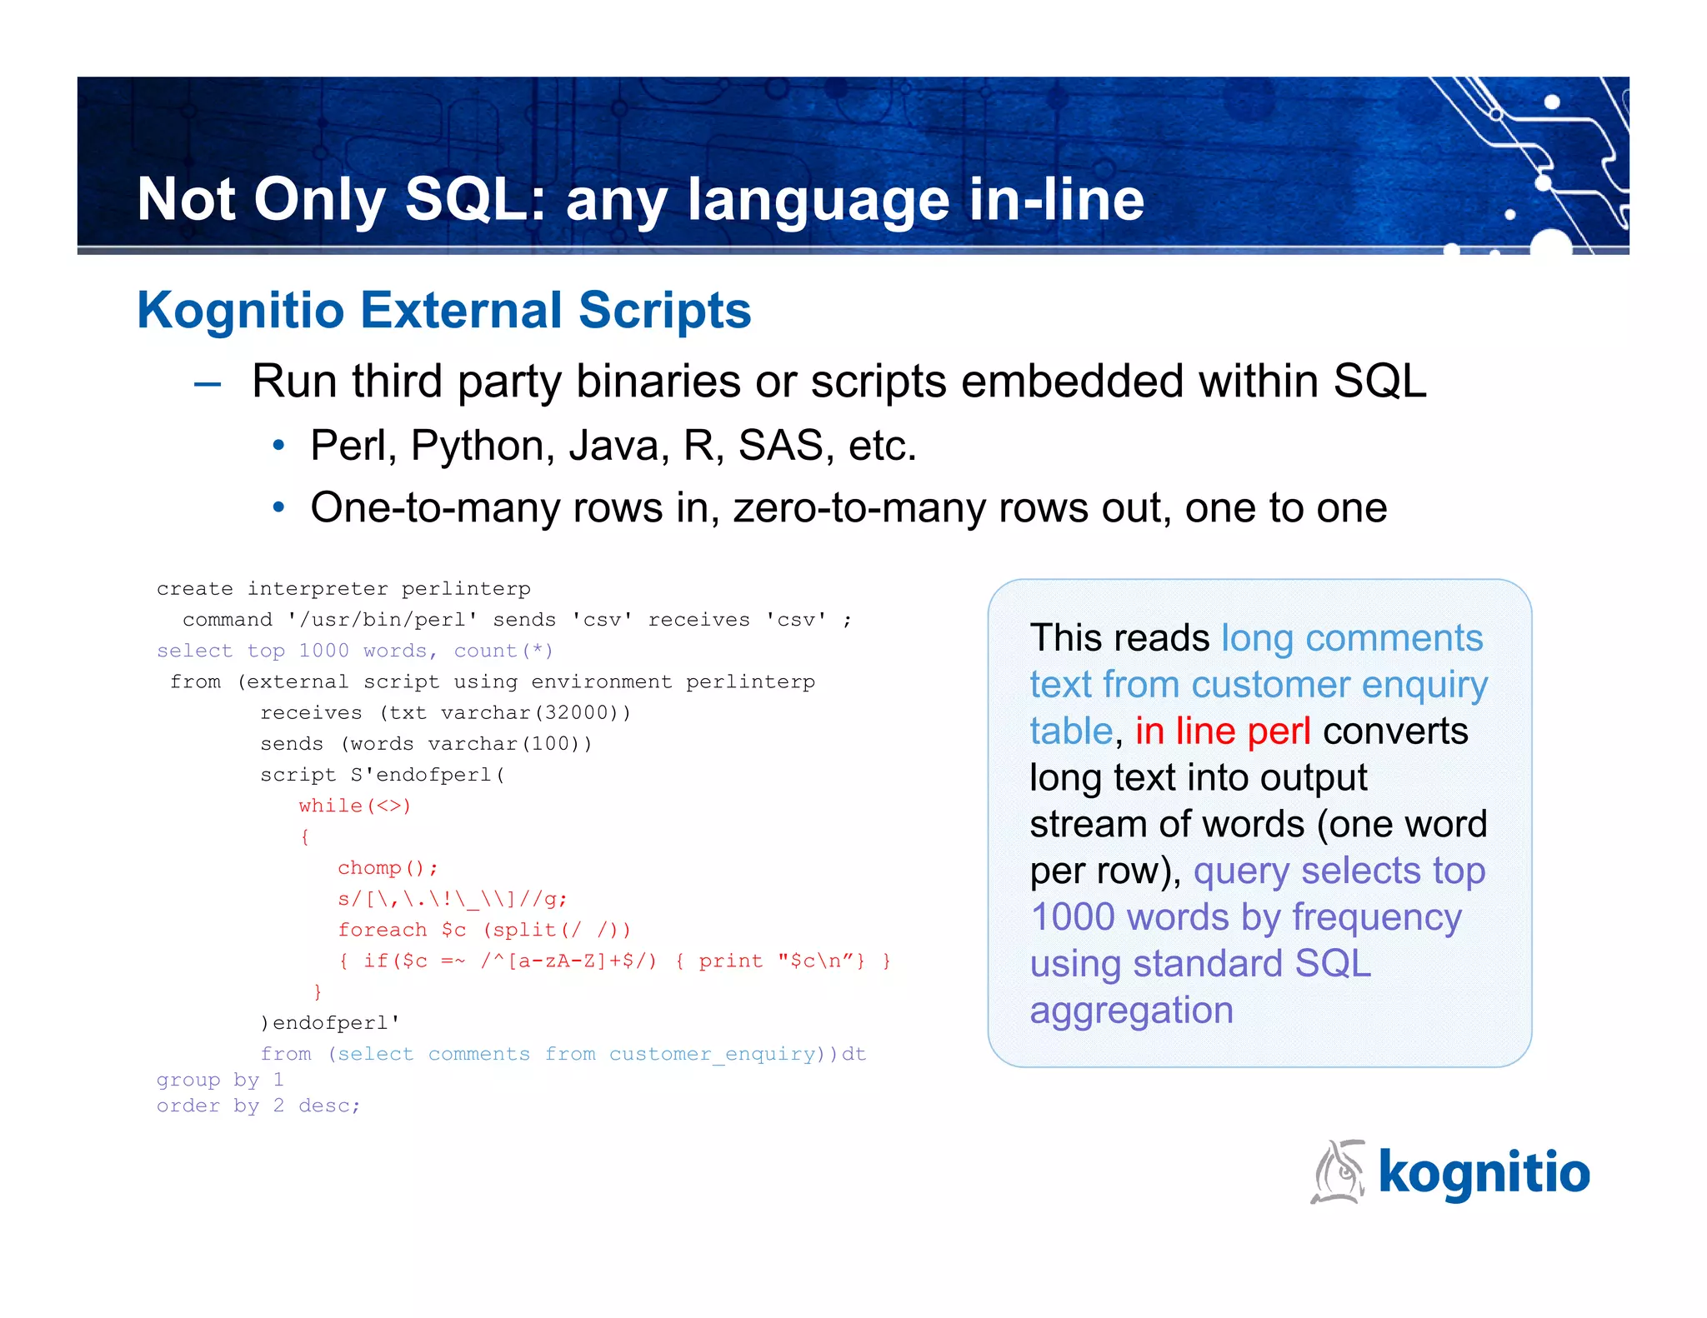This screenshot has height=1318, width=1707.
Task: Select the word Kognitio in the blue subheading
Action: click(240, 311)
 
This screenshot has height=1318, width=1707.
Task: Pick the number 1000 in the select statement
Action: click(323, 651)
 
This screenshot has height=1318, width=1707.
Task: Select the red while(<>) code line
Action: click(355, 806)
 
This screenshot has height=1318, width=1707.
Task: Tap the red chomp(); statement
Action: click(388, 868)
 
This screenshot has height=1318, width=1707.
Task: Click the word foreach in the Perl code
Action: click(382, 930)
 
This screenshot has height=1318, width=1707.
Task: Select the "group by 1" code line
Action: click(220, 1081)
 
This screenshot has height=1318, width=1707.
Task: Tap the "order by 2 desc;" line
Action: click(258, 1106)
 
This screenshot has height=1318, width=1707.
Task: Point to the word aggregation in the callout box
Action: click(1131, 1011)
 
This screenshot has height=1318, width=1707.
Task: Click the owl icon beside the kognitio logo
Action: click(1339, 1172)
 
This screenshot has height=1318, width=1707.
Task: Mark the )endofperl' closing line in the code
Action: click(330, 1023)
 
